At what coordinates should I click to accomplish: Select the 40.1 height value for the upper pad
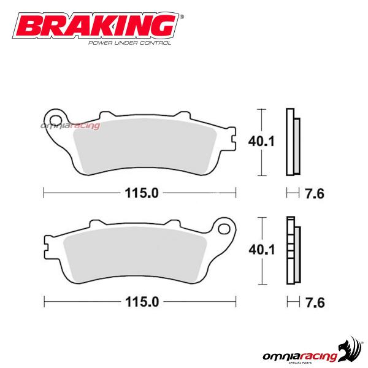(259, 141)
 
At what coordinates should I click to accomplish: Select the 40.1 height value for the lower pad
(259, 249)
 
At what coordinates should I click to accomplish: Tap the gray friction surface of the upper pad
(147, 150)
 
